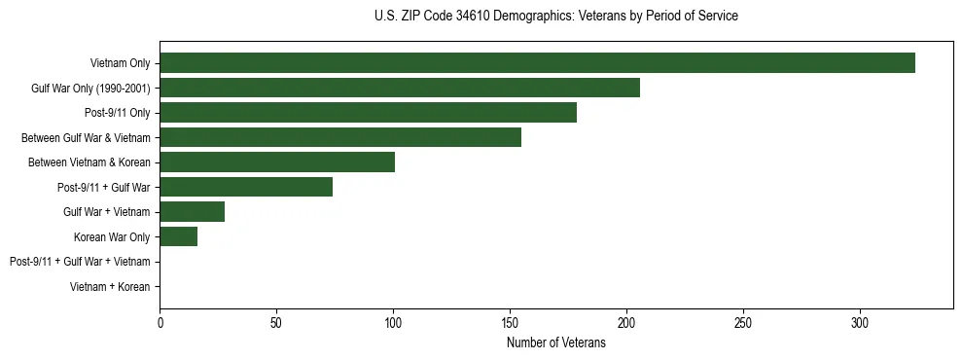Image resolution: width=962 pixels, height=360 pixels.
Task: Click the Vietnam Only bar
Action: (537, 63)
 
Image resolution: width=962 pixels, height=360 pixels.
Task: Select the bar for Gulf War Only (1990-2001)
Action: (400, 88)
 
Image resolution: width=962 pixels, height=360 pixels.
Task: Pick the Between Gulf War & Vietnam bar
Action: (340, 137)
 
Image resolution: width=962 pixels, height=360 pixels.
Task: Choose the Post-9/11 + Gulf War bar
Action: (246, 187)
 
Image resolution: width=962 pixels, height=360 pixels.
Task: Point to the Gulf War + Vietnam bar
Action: (192, 212)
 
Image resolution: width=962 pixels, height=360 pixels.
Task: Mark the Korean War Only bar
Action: (179, 236)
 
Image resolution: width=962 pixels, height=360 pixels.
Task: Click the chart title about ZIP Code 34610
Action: (555, 17)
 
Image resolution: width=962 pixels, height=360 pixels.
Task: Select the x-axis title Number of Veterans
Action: (555, 343)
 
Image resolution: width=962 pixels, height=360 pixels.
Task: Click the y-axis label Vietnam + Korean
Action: (110, 287)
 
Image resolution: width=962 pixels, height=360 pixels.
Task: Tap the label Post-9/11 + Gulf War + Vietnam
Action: (80, 262)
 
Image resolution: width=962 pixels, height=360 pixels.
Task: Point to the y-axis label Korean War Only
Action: (112, 237)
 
